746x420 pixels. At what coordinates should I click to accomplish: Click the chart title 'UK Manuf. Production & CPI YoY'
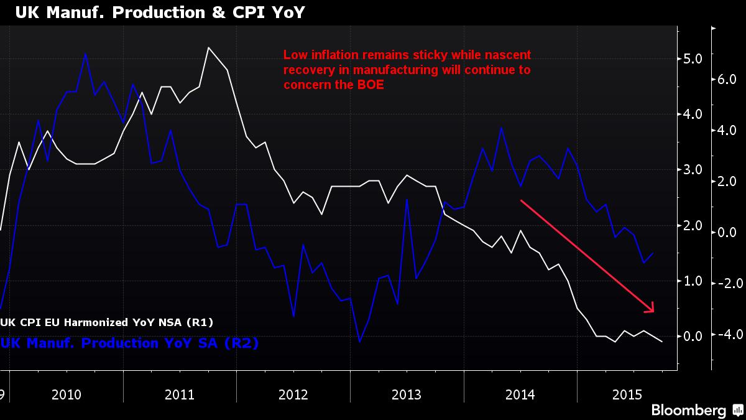click(x=155, y=12)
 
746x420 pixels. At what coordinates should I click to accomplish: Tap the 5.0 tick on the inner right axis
click(x=693, y=58)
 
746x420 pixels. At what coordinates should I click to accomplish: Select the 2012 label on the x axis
click(x=293, y=394)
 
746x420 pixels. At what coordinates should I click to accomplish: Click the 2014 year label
click(x=520, y=394)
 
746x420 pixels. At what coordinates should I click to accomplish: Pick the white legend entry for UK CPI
click(x=107, y=322)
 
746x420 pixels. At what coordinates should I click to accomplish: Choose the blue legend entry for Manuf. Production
click(x=129, y=343)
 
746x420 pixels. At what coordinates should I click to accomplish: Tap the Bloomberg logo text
click(x=688, y=410)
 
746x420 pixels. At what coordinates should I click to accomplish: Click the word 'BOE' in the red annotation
click(x=371, y=85)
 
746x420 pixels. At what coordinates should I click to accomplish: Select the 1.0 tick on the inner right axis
click(x=693, y=281)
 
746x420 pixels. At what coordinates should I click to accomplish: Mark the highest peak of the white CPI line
click(x=208, y=47)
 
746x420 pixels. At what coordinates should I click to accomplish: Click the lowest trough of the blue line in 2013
click(x=359, y=342)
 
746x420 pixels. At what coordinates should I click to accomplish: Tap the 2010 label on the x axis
click(x=67, y=394)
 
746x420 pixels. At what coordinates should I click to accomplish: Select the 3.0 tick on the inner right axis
click(x=693, y=170)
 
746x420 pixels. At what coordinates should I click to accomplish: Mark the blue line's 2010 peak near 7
click(x=85, y=54)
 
